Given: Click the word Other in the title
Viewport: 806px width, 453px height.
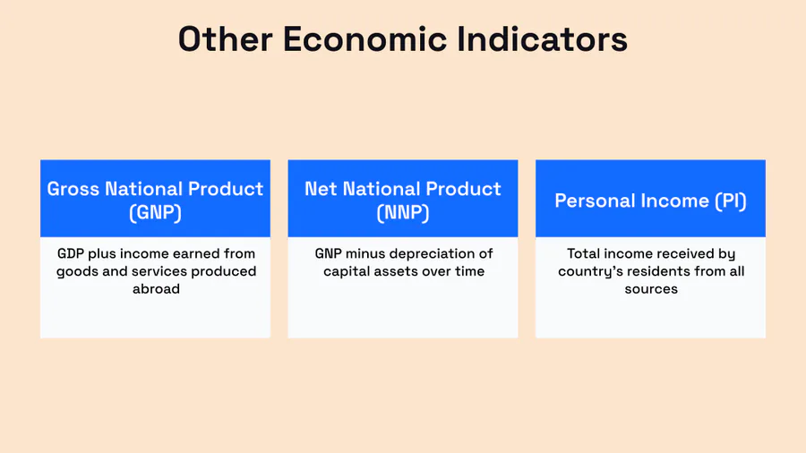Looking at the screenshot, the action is pyautogui.click(x=225, y=39).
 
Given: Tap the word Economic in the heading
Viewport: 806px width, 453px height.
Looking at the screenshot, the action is pyautogui.click(x=365, y=39).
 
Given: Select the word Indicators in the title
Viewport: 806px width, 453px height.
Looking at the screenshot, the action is pyautogui.click(x=543, y=39).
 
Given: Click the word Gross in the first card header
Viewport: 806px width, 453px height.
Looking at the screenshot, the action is pyautogui.click(x=73, y=189).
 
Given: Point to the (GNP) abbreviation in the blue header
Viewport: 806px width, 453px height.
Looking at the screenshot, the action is pyautogui.click(x=155, y=212).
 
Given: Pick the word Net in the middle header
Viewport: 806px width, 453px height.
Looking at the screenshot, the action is pyautogui.click(x=321, y=189).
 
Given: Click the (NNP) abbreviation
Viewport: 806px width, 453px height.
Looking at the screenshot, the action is pyautogui.click(x=403, y=212).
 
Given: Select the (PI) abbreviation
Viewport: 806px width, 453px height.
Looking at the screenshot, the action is pyautogui.click(x=731, y=201).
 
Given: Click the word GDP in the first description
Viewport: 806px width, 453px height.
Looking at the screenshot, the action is pyautogui.click(x=71, y=253).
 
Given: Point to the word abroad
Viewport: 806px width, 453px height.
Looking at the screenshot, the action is pyautogui.click(x=156, y=288).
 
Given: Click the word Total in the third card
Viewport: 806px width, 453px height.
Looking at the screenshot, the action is pyautogui.click(x=583, y=253).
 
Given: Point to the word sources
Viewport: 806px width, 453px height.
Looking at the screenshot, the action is pyautogui.click(x=651, y=289).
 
